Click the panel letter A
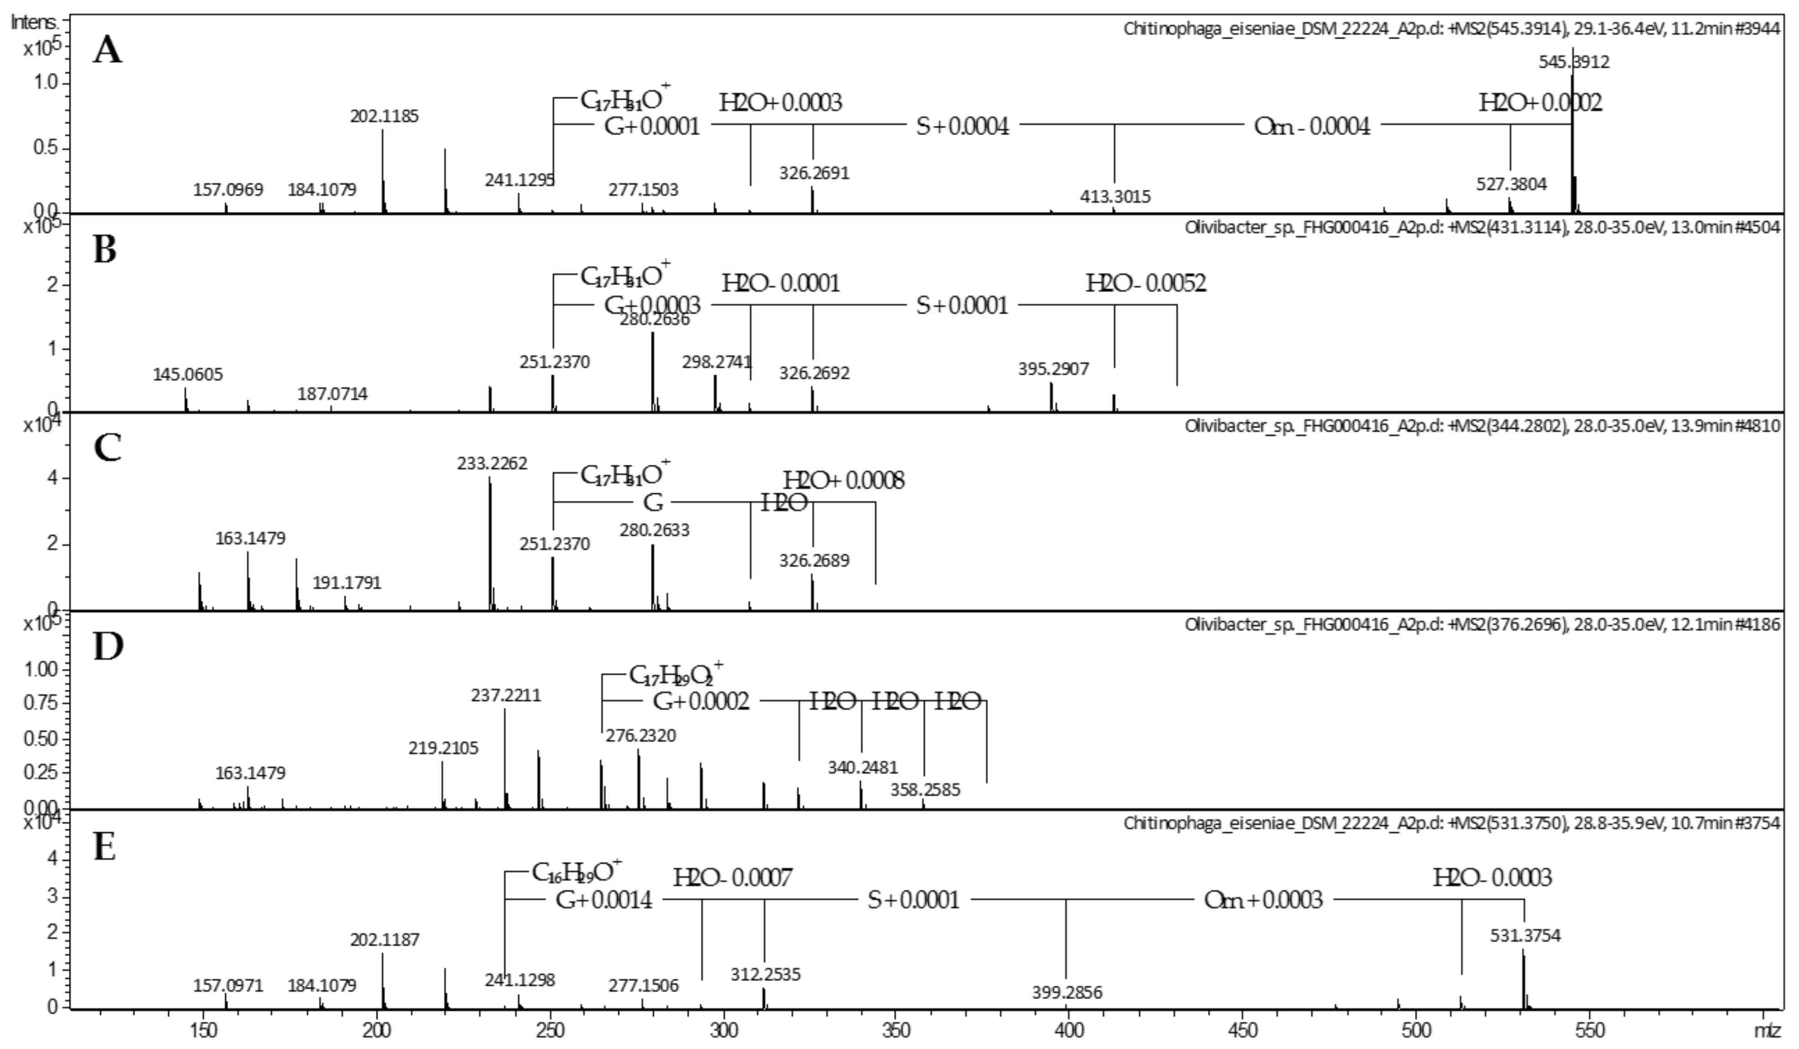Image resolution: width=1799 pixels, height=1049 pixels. tap(107, 52)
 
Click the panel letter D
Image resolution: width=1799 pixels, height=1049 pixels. tap(108, 647)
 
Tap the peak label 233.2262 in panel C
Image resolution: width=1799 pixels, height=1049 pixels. tap(493, 464)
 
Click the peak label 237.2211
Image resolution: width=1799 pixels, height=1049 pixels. tap(506, 695)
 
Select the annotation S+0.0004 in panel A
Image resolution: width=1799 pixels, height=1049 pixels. tap(962, 127)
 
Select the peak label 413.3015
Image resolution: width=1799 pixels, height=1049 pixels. tap(1115, 196)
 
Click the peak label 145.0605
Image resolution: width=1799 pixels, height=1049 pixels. tap(188, 374)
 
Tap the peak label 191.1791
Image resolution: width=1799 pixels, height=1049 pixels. tap(347, 583)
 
